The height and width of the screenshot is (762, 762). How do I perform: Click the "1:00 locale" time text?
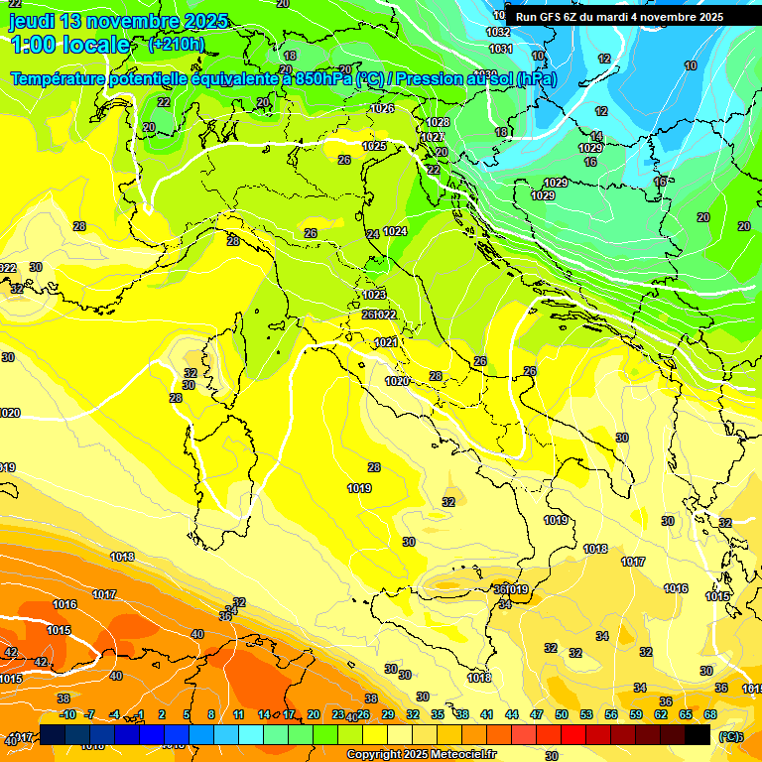[69, 45]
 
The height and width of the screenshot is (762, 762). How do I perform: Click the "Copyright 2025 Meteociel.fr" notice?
[421, 754]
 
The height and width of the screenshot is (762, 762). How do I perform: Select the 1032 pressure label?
[499, 32]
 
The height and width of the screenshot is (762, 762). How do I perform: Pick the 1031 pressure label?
[500, 49]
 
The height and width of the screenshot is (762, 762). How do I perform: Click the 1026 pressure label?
[383, 108]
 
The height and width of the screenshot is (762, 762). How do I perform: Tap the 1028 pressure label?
[438, 122]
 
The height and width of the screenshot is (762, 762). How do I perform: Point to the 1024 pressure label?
[395, 231]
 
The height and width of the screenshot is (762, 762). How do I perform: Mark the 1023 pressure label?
[374, 295]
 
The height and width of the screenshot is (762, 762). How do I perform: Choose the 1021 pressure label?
[386, 342]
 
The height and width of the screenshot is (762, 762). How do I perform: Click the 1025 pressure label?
[374, 146]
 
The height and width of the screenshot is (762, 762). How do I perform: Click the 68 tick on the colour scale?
[710, 714]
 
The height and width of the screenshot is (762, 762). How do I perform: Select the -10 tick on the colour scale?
[67, 714]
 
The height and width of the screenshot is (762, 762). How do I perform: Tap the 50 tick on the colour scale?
[562, 714]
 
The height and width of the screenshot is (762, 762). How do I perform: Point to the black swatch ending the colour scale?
[698, 734]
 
